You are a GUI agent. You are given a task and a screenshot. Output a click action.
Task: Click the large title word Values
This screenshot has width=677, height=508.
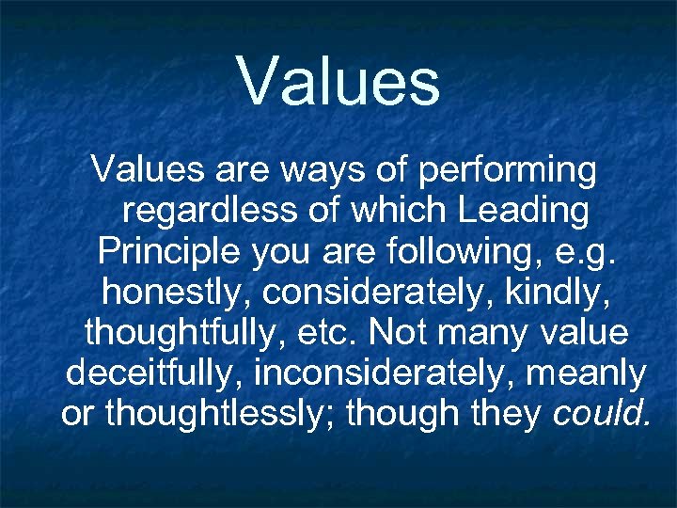coord(338,81)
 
